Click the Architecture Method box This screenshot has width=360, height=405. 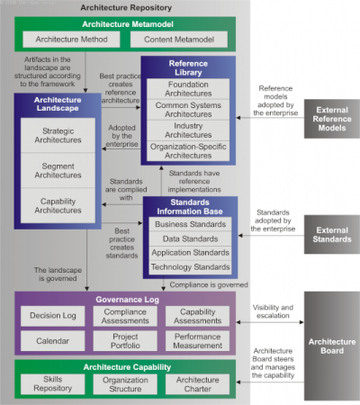(71, 40)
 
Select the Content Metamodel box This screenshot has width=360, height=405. (179, 40)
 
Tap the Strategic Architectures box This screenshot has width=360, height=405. (58, 135)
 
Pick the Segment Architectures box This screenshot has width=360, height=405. (58, 170)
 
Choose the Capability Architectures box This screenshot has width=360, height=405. (58, 206)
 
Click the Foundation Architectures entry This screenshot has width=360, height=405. (188, 89)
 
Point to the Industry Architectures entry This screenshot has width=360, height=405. (188, 130)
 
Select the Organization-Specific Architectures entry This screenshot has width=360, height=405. (188, 151)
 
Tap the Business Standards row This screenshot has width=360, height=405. (190, 224)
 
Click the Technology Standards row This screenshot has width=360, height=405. (190, 267)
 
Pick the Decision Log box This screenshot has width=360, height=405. (53, 316)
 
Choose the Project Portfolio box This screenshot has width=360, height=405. (125, 341)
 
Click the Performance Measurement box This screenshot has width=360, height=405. (198, 341)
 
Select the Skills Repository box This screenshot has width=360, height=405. (53, 383)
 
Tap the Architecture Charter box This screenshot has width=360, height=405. (198, 384)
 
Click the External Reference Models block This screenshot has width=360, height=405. (332, 119)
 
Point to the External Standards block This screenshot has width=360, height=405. (332, 234)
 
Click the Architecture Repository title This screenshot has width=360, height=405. (126, 7)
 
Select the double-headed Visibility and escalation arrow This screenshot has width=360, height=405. (270, 322)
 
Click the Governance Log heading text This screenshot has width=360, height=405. (128, 300)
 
